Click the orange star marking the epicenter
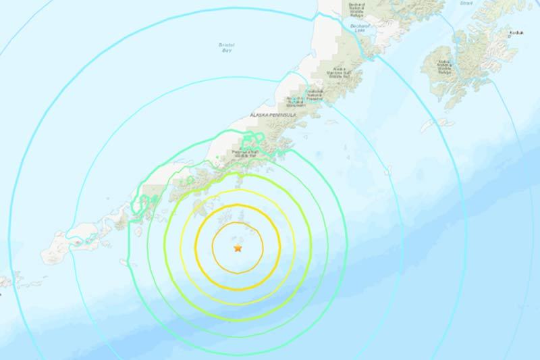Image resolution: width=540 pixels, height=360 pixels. coord(237,249)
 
